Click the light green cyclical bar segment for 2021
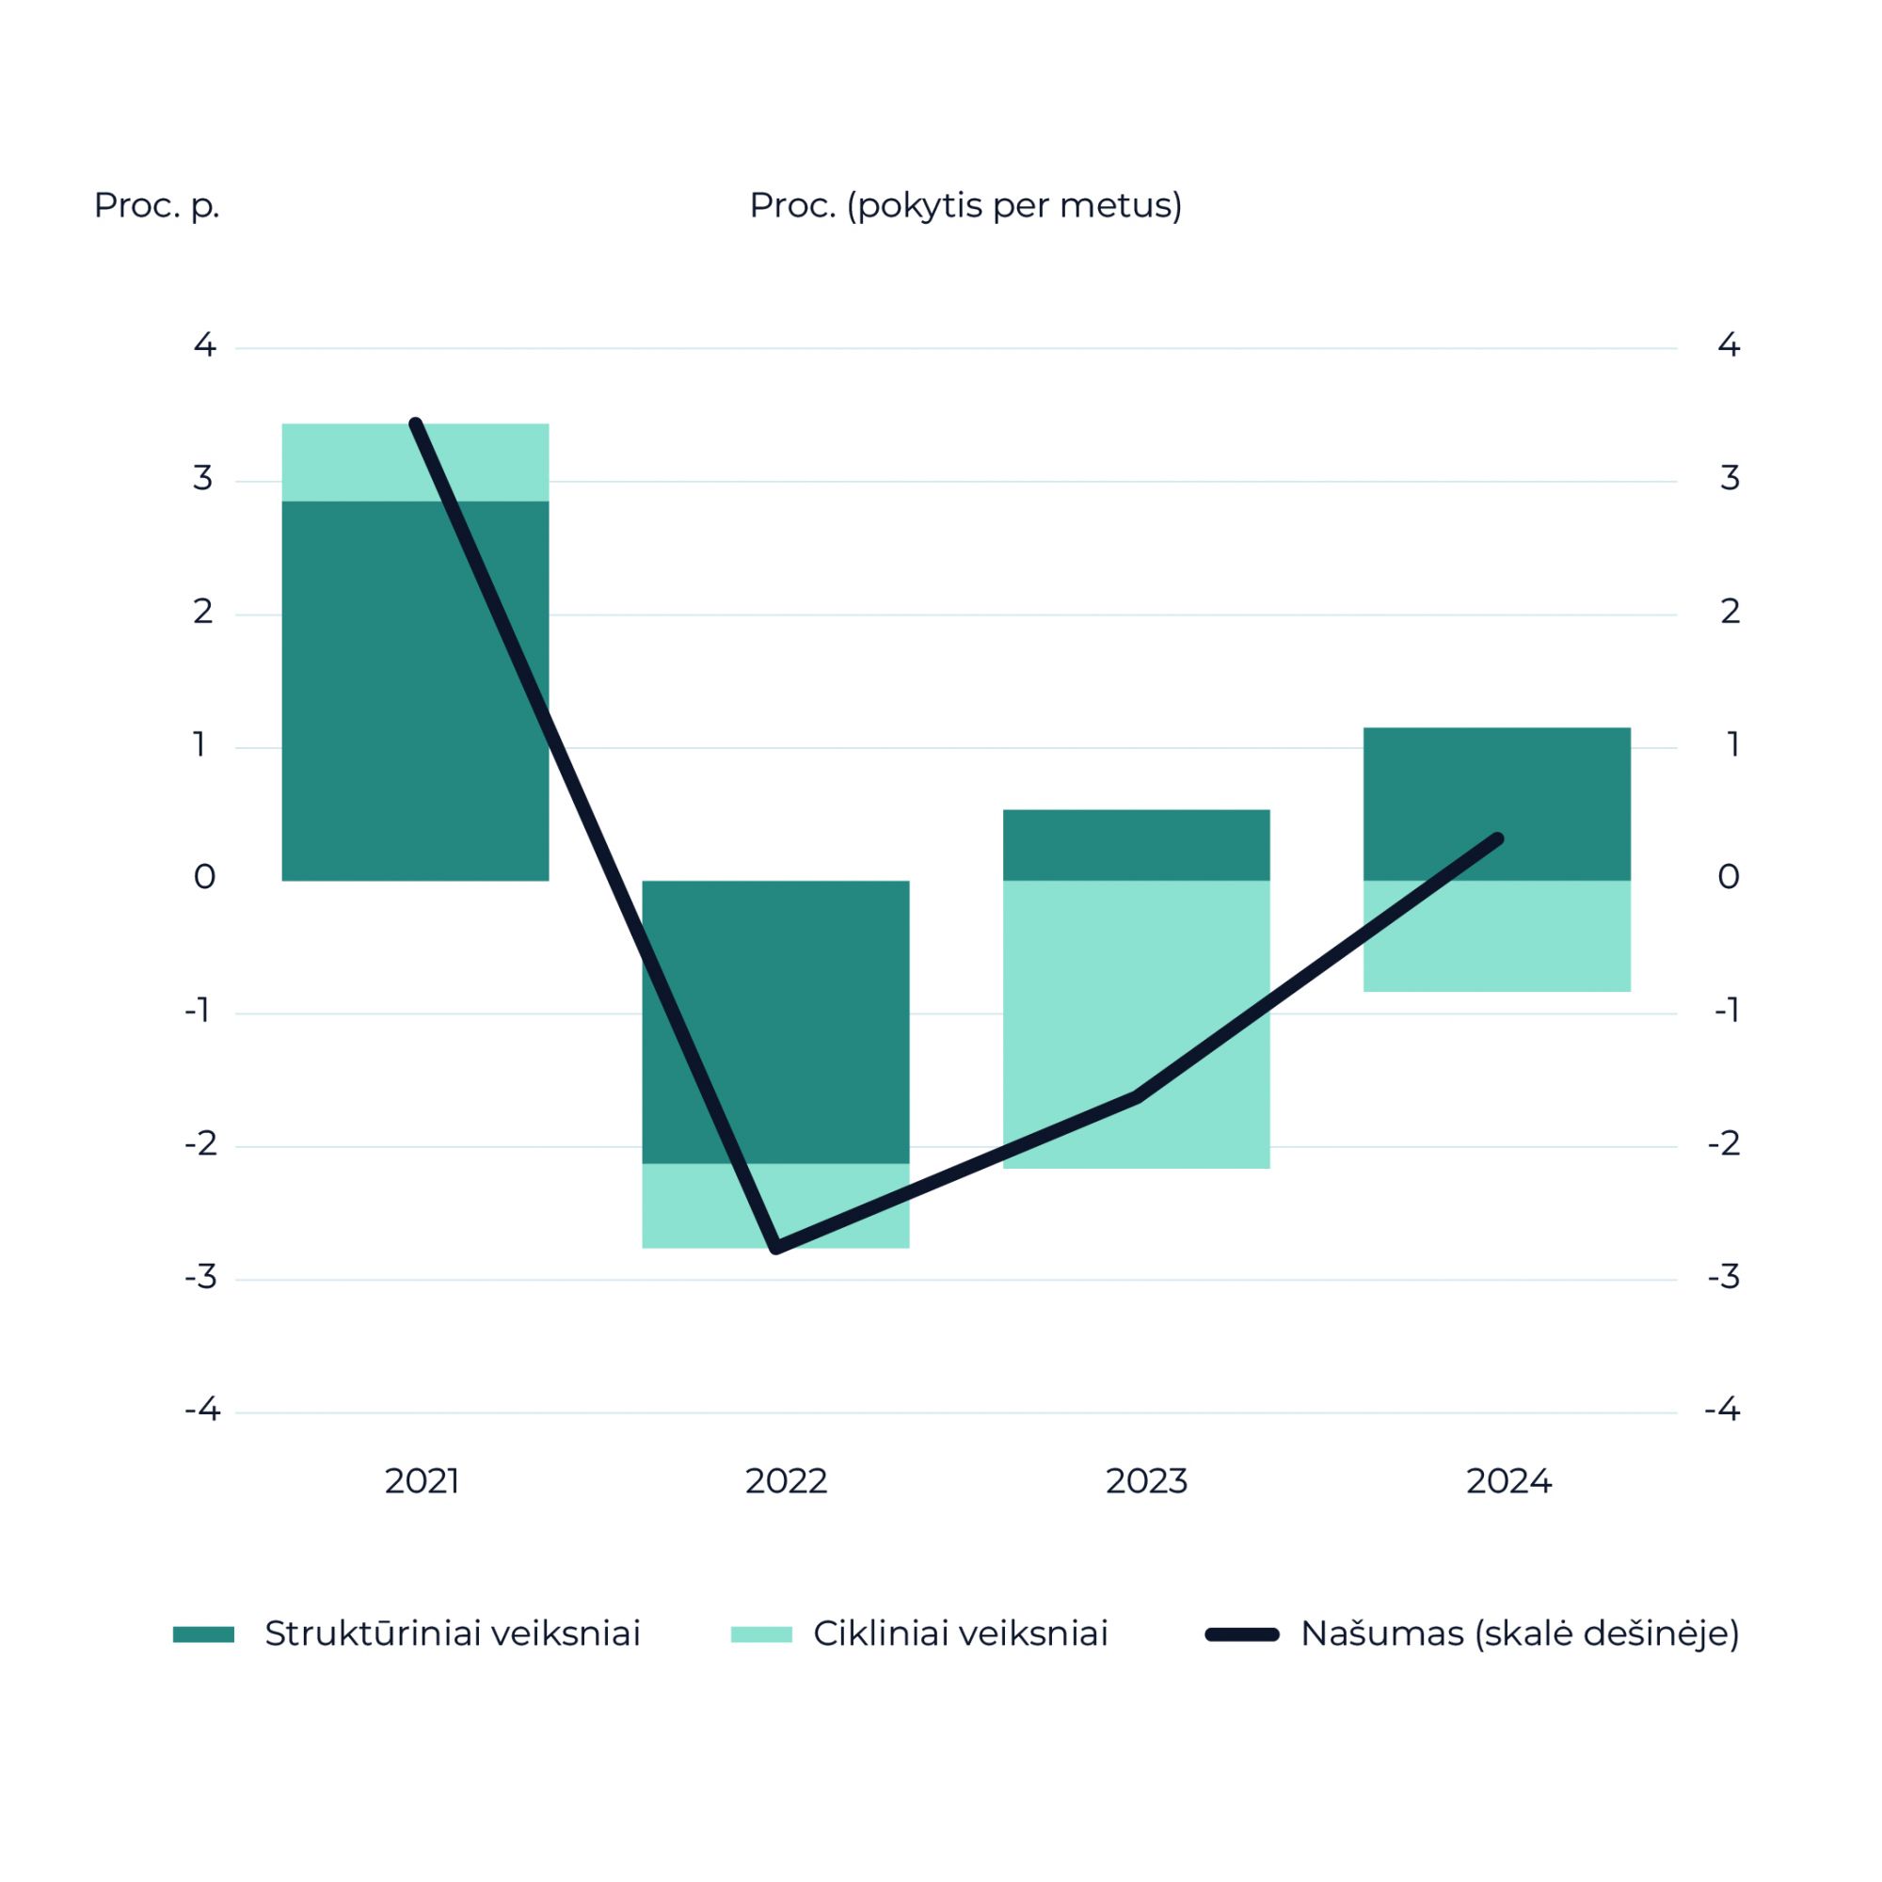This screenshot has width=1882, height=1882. click(x=415, y=462)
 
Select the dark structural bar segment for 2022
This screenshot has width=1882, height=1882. click(x=775, y=1021)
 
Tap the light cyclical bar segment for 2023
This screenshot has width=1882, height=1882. click(x=1136, y=1023)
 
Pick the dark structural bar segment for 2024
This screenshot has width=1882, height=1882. click(x=1496, y=804)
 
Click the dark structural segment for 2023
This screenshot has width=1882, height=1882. click(x=1136, y=845)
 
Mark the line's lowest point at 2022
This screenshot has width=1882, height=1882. click(x=776, y=1248)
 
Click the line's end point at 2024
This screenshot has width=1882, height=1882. click(x=1498, y=838)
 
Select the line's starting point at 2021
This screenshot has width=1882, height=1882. click(x=416, y=423)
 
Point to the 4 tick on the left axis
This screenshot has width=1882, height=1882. click(x=204, y=344)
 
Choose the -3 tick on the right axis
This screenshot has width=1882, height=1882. click(x=1724, y=1276)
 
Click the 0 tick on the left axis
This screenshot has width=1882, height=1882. click(x=204, y=878)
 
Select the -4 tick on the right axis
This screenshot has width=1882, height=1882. click(x=1722, y=1410)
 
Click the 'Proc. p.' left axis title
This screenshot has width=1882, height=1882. click(x=157, y=205)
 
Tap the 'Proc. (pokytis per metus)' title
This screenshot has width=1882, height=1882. click(x=965, y=205)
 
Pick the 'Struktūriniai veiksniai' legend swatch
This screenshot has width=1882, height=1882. click(x=203, y=1635)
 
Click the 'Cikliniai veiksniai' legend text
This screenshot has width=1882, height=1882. click(x=961, y=1634)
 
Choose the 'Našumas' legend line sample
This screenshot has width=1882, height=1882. click(x=1242, y=1635)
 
